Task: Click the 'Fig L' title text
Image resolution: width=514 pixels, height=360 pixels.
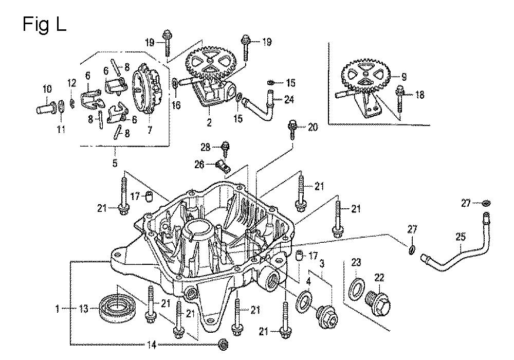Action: [44, 24]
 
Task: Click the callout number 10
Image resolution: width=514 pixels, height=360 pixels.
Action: [47, 87]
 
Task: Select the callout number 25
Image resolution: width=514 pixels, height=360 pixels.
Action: [460, 238]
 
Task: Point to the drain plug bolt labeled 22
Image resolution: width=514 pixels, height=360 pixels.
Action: [379, 303]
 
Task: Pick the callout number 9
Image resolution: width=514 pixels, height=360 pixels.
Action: [404, 77]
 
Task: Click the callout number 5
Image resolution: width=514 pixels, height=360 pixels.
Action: [115, 164]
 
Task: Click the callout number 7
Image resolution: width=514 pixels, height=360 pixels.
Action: [150, 130]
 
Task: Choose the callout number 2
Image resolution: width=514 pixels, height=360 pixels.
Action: [209, 123]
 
